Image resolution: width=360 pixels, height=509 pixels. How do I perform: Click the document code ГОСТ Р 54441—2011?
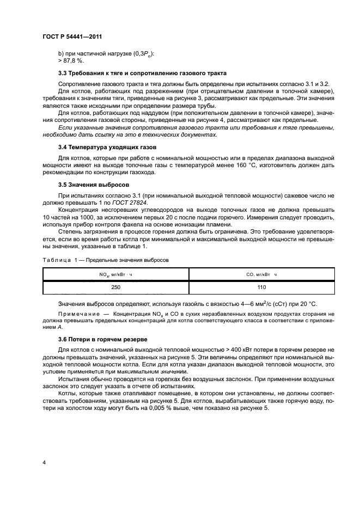(x=72, y=37)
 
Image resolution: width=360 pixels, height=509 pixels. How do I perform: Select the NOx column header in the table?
(x=115, y=275)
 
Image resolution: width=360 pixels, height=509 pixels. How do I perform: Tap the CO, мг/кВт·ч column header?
(x=262, y=275)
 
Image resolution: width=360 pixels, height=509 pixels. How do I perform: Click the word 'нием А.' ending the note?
(x=53, y=328)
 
